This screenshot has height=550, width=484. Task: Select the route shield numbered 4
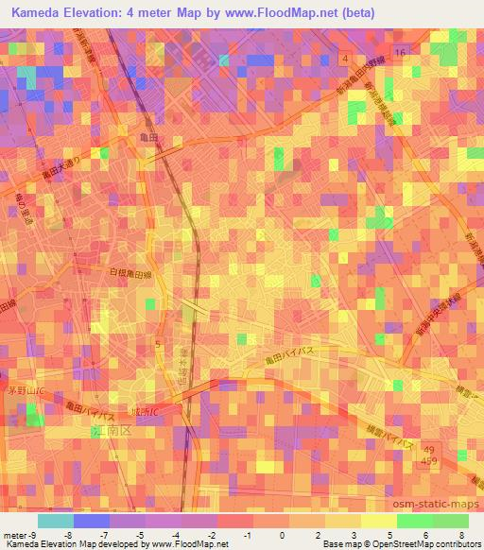pyautogui.click(x=346, y=59)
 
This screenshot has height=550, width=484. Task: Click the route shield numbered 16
pyautogui.click(x=401, y=52)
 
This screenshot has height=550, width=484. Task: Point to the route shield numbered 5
pyautogui.click(x=159, y=339)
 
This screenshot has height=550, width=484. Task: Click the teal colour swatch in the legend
pyautogui.click(x=55, y=521)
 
